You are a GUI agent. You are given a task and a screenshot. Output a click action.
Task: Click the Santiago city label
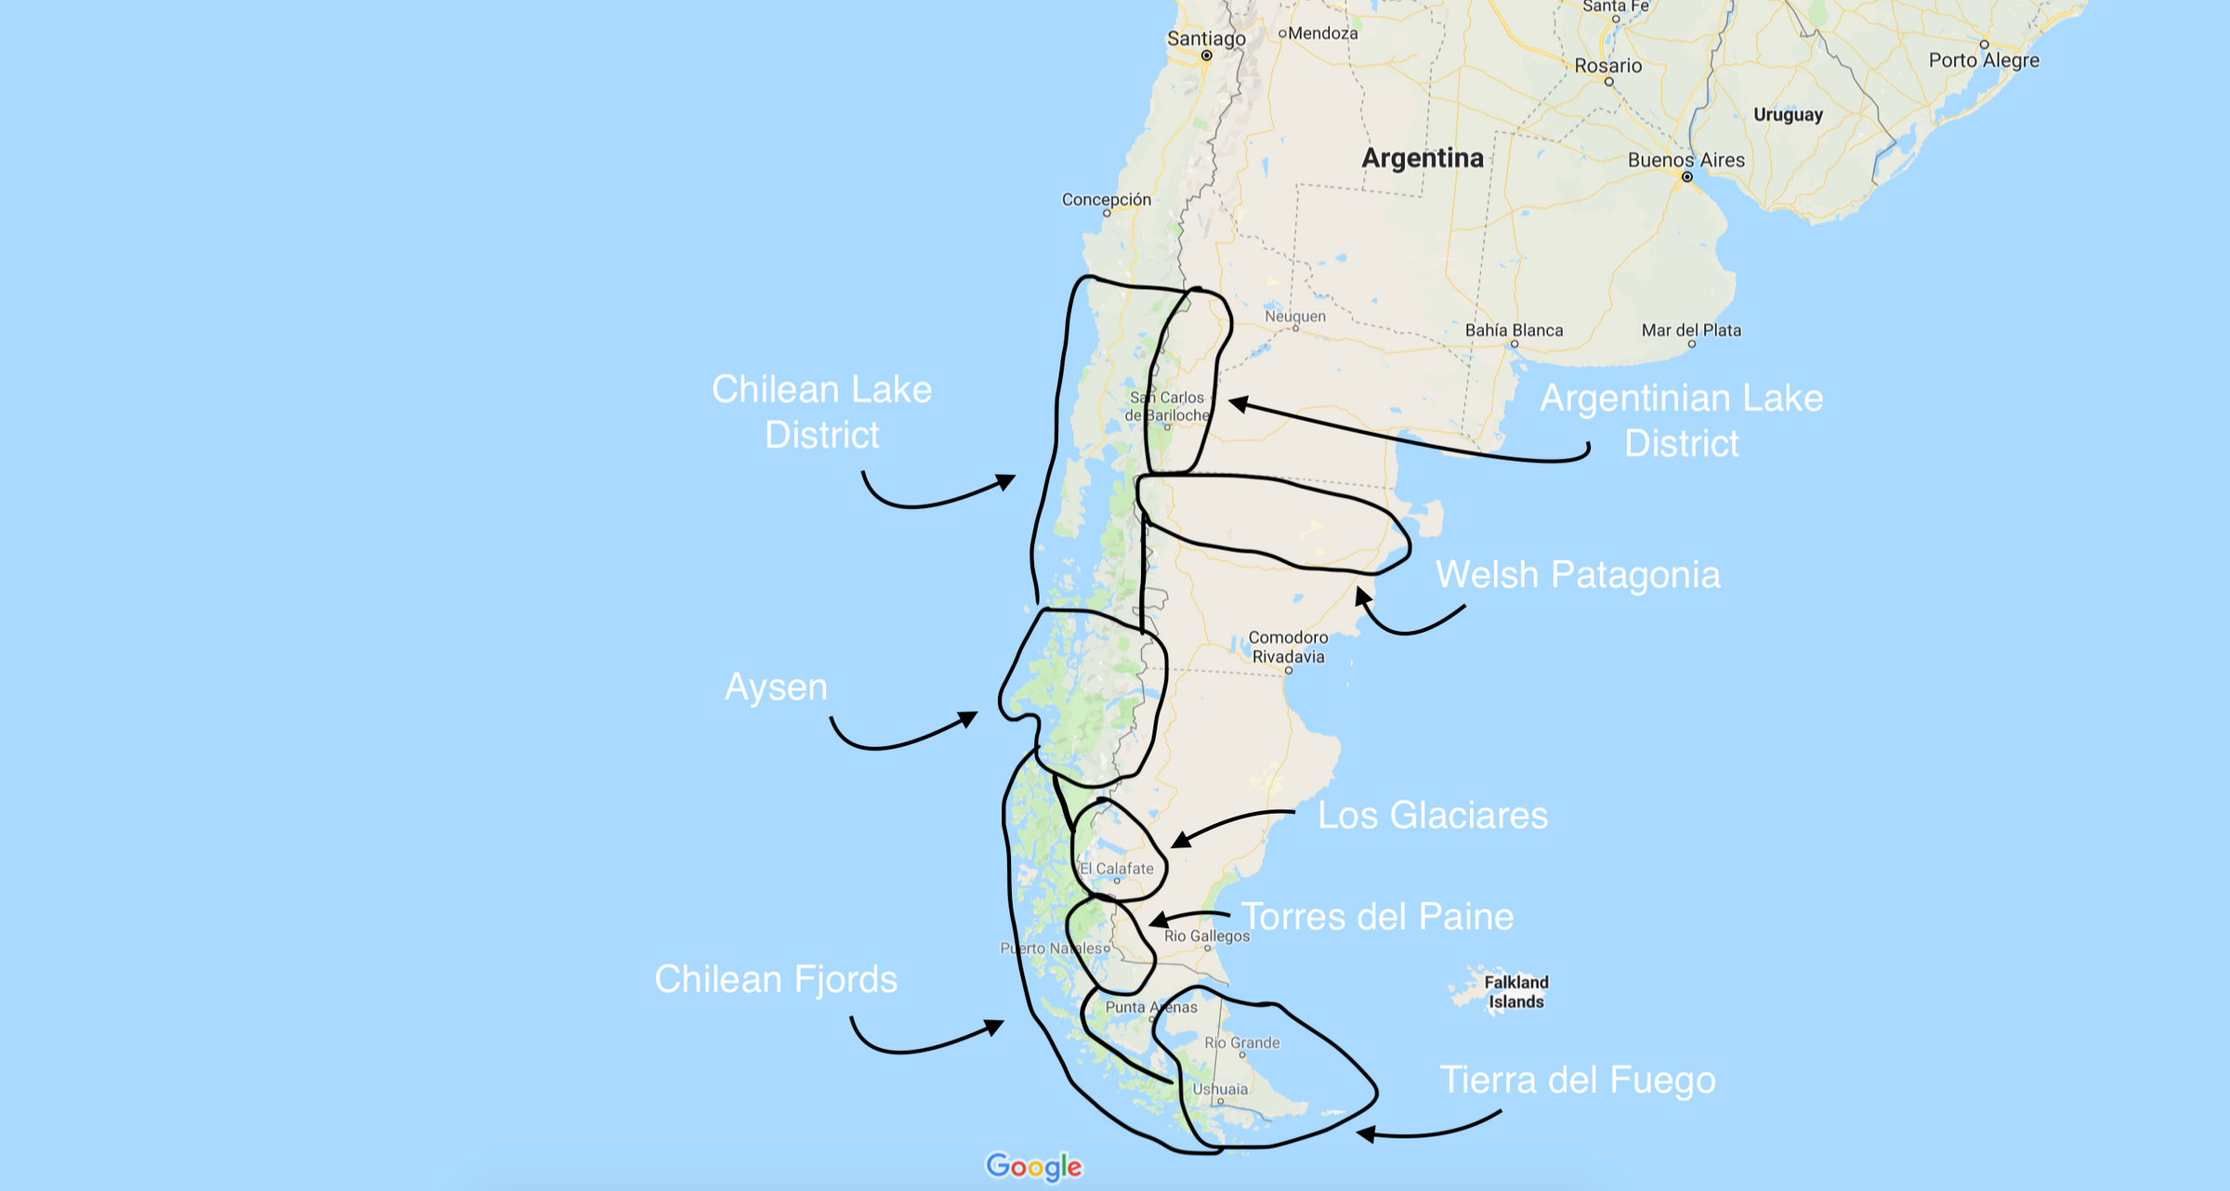1206,39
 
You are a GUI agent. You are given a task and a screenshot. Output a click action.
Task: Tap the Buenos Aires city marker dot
1686,177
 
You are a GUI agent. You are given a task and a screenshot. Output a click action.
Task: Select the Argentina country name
1422,158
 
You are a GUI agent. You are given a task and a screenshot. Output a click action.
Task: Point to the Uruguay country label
1788,115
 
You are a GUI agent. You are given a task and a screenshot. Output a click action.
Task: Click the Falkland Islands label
1515,992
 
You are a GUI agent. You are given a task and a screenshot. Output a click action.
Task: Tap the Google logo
1034,1167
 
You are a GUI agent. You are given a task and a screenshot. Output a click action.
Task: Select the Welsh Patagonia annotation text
1578,575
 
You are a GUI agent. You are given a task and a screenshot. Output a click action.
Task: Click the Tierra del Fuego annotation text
1577,1080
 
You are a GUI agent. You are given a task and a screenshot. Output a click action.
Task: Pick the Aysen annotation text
776,687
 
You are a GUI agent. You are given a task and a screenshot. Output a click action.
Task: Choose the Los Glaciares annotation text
1433,816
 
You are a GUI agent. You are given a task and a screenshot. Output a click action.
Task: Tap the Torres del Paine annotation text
1378,917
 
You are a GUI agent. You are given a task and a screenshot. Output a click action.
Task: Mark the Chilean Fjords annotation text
776,979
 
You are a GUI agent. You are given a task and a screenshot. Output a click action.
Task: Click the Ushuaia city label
1220,1089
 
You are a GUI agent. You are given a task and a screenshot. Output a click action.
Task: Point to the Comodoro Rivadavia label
1288,647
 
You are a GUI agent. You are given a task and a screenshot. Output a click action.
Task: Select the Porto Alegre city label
1984,60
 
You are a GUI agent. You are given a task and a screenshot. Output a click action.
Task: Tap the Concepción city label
1106,200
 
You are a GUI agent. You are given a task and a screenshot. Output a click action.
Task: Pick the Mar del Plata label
1691,331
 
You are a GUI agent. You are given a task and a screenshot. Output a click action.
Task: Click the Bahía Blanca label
1514,331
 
